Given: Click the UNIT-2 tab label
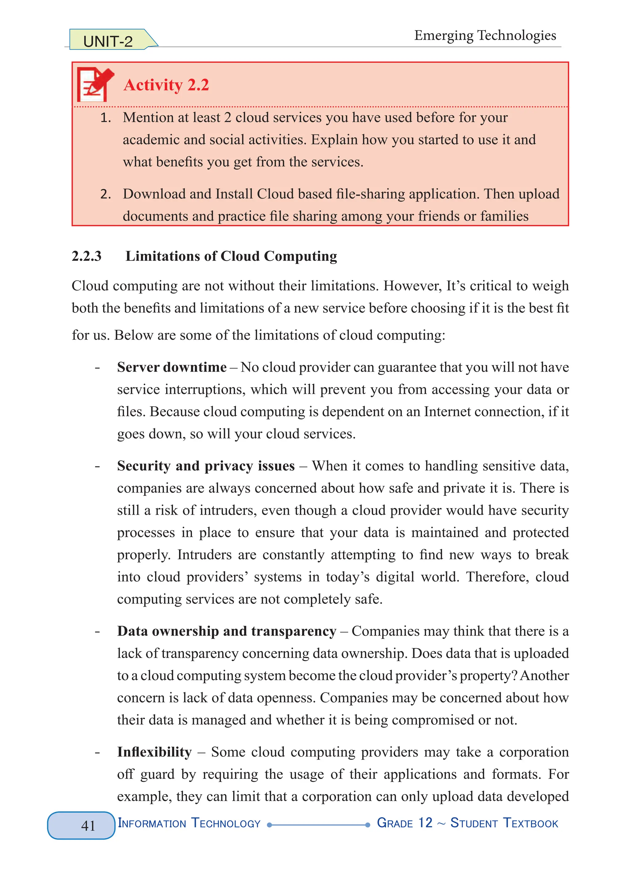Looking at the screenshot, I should point(108,41).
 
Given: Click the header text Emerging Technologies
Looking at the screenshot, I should point(485,35).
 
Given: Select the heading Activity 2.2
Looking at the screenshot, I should point(166,85).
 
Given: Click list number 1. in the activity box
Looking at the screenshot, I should point(106,118).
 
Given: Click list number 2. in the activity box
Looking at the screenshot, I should point(106,194).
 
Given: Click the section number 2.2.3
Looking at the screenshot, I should point(87,256).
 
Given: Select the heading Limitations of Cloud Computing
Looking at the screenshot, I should point(231,256).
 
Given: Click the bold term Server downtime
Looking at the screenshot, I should point(172,367).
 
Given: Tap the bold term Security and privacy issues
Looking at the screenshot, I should point(206,466).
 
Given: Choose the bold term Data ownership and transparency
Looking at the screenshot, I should point(227,631).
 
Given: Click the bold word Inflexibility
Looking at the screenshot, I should point(154,752).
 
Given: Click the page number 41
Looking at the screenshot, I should point(88,825).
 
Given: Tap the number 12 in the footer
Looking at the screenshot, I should point(425,822).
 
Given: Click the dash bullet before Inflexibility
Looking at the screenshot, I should point(98,752).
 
